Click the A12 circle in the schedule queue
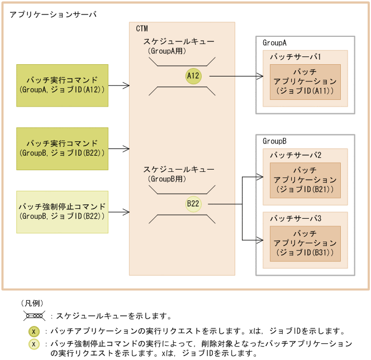193,76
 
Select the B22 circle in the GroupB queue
193,204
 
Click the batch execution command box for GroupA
63,85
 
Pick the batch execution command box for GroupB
63,148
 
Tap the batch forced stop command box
63,212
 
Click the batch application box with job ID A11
305,81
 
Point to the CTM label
142,28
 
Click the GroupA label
275,42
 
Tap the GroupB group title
275,141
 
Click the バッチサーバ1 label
295,57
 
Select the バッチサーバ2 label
295,155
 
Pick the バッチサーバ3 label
295,218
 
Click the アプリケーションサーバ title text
53,14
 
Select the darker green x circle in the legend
34,331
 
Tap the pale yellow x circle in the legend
34,344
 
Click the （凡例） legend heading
32,303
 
